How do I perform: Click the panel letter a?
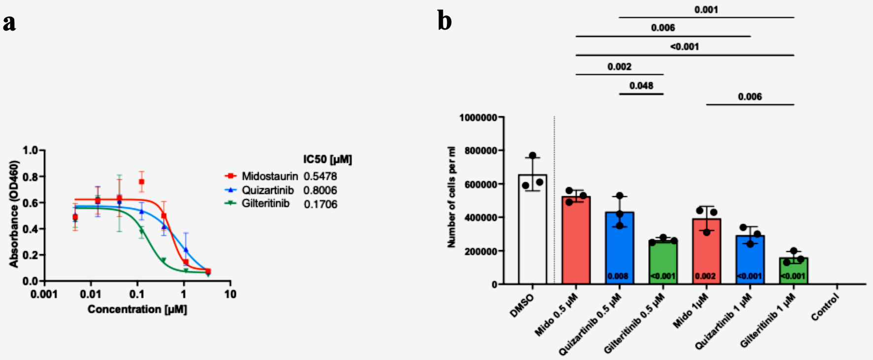[9, 23]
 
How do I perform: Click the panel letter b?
[444, 22]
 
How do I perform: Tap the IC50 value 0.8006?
[320, 190]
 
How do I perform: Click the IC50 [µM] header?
[327, 159]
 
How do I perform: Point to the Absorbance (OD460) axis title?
[14, 214]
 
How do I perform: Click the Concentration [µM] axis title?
[137, 309]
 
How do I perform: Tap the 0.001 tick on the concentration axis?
[44, 295]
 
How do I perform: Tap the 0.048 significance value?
[641, 86]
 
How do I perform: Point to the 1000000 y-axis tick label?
[478, 117]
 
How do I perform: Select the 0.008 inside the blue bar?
[618, 276]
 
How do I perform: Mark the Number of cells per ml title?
[451, 197]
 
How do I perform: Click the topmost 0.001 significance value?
[706, 10]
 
